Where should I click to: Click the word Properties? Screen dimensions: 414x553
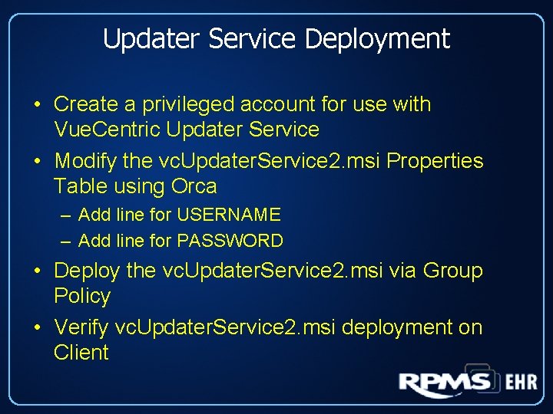[435, 161]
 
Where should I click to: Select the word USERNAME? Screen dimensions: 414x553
[229, 215]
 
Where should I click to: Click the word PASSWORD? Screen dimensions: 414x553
[230, 241]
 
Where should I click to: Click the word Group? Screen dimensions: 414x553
[453, 271]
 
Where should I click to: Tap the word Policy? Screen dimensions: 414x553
[82, 297]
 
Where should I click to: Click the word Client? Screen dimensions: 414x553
[81, 353]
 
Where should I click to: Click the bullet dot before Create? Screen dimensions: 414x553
[37, 105]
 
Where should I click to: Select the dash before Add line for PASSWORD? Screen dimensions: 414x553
[67, 241]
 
